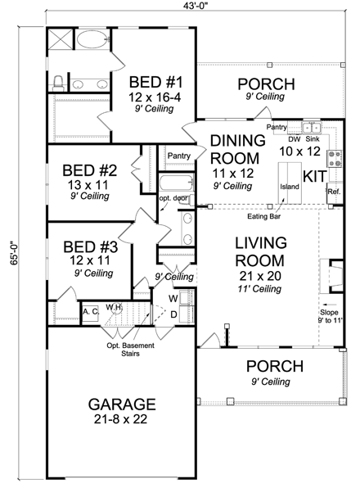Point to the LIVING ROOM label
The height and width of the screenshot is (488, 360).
[260, 252]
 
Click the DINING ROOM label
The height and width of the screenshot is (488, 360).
[237, 148]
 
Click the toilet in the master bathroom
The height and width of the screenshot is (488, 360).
[59, 82]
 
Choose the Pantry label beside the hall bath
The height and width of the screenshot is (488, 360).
[178, 156]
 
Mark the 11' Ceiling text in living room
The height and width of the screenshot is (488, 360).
[260, 290]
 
